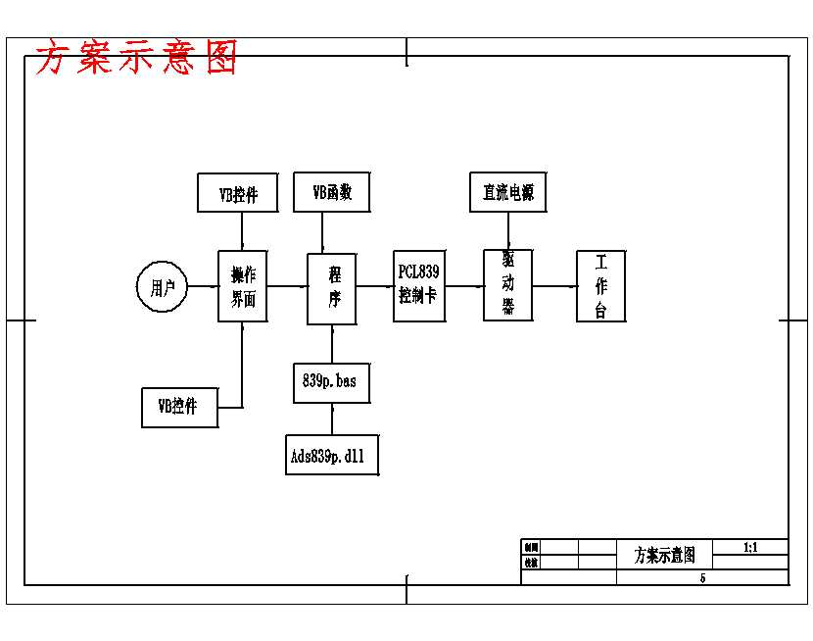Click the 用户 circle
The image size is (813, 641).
(162, 287)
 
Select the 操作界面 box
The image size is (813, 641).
(242, 286)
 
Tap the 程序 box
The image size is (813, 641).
(332, 288)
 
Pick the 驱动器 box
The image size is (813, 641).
(508, 284)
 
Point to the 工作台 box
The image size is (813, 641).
(600, 286)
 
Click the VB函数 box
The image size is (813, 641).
(332, 192)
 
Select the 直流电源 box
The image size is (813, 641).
(508, 192)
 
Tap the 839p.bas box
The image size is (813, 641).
(332, 381)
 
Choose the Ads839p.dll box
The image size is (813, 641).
(332, 455)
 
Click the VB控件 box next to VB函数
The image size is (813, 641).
(239, 193)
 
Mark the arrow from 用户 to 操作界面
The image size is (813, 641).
(202, 286)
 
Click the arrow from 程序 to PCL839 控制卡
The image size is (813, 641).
(375, 286)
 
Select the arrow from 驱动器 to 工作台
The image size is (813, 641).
(554, 286)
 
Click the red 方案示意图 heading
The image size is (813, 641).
(136, 59)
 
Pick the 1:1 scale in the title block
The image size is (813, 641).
(750, 547)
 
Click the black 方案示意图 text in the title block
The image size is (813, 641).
(664, 555)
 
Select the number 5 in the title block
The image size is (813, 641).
(702, 577)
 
